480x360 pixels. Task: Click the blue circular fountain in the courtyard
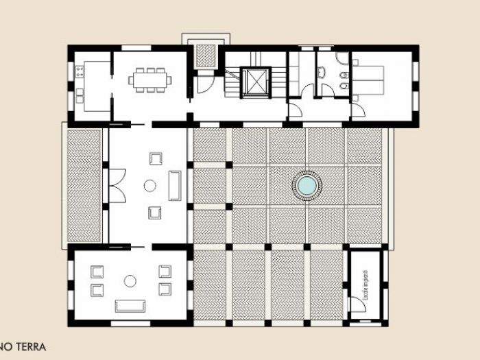tap(307, 185)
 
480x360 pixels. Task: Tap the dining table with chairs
tap(150, 79)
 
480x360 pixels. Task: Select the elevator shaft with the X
tap(255, 82)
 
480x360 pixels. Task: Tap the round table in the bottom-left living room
tap(130, 280)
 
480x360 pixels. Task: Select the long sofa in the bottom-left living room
tap(130, 305)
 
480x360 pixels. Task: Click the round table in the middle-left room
tap(149, 185)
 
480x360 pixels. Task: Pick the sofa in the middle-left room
tap(175, 185)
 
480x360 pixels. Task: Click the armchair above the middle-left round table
tap(155, 158)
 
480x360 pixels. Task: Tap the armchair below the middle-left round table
tap(155, 213)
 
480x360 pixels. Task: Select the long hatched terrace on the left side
tap(84, 185)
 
